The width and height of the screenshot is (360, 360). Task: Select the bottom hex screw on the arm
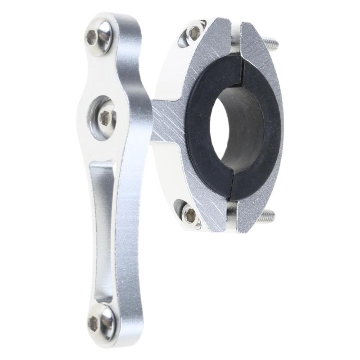100,320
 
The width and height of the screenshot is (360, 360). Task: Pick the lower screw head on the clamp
190,215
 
